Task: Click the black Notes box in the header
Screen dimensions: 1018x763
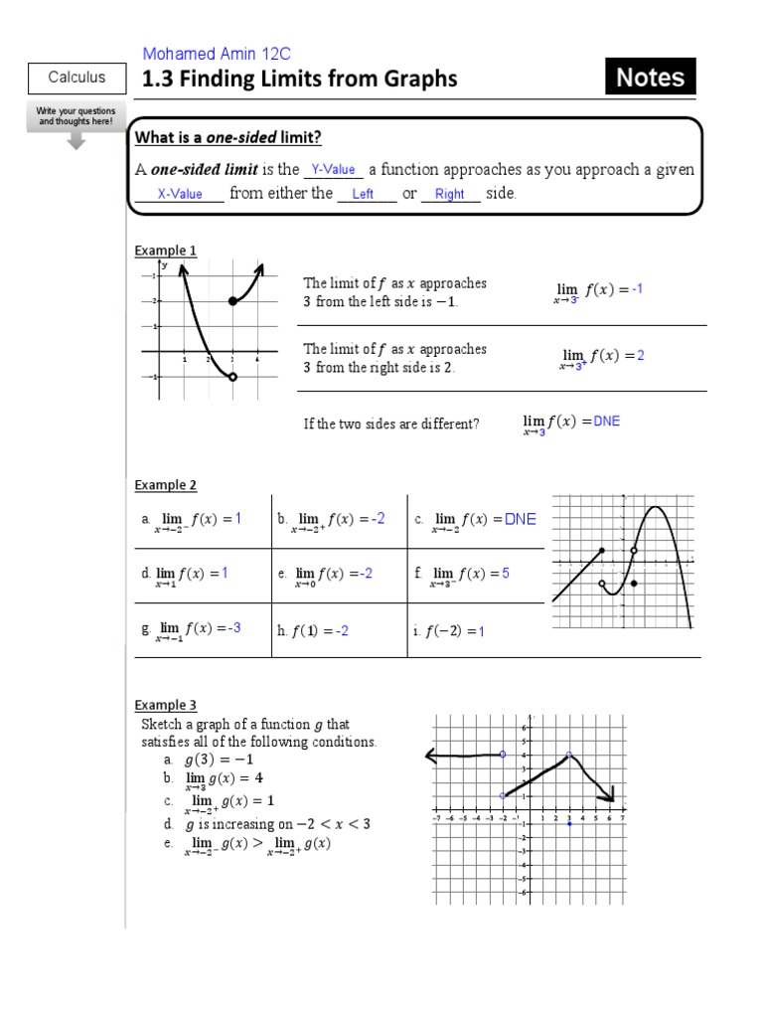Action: point(651,78)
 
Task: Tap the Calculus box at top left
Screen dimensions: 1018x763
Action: point(77,78)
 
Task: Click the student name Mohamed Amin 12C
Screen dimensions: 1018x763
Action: point(217,54)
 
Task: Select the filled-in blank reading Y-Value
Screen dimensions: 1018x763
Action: point(333,170)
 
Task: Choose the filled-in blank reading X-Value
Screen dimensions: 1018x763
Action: point(180,194)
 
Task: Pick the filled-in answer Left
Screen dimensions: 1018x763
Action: point(363,194)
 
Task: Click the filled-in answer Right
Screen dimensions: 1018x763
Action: point(449,194)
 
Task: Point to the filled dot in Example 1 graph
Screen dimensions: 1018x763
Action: point(232,300)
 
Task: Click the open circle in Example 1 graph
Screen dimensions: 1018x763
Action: point(232,377)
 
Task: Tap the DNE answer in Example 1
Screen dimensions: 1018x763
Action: point(606,422)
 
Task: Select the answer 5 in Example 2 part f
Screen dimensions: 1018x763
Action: point(505,574)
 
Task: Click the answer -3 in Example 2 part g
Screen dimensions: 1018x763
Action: point(233,627)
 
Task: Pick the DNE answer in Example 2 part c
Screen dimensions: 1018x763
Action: point(520,519)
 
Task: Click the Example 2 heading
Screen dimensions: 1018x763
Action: point(166,485)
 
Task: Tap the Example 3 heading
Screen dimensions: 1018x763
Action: point(166,706)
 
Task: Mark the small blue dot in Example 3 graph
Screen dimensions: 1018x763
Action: point(568,824)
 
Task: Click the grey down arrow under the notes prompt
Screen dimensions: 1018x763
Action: point(77,141)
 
